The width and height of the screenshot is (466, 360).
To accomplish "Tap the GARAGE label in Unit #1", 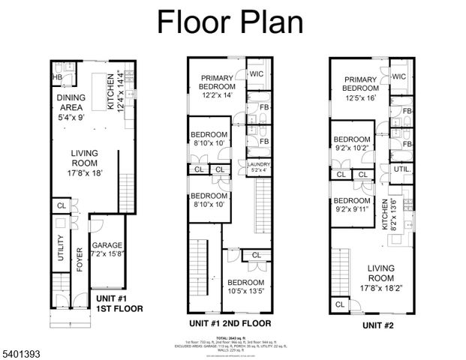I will pos(107,245).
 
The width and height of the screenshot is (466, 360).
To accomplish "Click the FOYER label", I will pos(80,259).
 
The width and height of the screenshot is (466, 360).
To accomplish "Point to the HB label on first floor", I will pos(57,77).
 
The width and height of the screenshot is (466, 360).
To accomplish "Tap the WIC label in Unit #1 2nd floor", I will pos(257,74).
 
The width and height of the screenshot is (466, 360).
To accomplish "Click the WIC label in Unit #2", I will pos(398,76).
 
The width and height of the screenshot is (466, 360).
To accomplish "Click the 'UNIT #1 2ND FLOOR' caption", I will pos(230,323).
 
